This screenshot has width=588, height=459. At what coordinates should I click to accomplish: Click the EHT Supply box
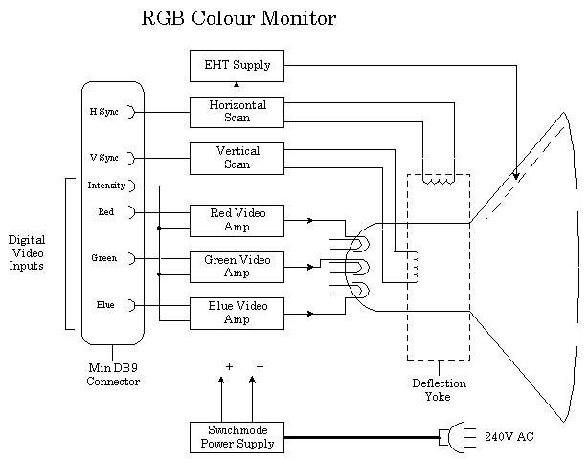tap(237, 65)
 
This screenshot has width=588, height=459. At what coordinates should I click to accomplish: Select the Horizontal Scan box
tap(237, 112)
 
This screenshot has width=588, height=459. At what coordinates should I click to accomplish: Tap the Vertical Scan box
tap(237, 158)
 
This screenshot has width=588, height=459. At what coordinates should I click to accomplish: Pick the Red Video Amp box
tap(237, 220)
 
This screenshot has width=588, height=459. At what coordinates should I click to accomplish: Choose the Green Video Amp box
tap(237, 266)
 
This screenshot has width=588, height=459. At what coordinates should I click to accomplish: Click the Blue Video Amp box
tap(237, 313)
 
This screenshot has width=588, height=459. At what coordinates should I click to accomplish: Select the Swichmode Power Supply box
tap(237, 437)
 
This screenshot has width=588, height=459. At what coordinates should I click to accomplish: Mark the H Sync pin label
tap(103, 112)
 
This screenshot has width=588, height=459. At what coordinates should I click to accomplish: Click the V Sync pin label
tap(103, 158)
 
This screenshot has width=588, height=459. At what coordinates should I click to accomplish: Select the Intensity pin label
tap(105, 186)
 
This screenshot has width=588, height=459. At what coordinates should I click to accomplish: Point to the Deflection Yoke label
tap(438, 389)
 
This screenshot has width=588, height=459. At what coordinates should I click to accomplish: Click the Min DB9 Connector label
tap(113, 375)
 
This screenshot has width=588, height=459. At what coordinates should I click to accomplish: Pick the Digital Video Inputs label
tap(27, 252)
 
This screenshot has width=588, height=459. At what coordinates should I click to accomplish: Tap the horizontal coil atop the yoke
tap(438, 178)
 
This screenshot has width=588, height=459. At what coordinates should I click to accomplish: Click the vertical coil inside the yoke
tap(414, 267)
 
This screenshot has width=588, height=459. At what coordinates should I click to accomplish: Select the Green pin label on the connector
tap(104, 258)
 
